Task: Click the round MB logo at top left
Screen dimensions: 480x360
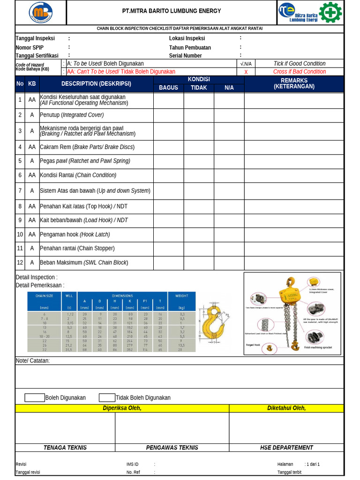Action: tap(41, 13)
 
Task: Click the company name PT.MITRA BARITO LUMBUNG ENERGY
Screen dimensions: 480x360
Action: tap(172, 11)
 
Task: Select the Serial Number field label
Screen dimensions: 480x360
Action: tap(185, 56)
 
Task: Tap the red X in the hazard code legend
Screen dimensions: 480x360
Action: tap(246, 72)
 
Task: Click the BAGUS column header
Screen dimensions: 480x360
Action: tap(168, 88)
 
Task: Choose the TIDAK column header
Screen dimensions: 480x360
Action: tap(199, 88)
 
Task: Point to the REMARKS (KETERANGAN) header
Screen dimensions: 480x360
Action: tap(294, 83)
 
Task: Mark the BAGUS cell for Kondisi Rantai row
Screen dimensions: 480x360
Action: tap(168, 175)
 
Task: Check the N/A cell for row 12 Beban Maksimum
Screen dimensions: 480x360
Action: tap(229, 263)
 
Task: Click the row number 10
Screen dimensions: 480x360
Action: tap(20, 234)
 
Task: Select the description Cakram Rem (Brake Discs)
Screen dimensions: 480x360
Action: tap(87, 147)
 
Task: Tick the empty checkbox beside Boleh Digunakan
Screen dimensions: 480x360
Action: tap(35, 397)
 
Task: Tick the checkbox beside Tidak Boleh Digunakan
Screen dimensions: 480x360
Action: tap(107, 397)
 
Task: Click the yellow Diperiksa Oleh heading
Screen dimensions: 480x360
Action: tap(122, 408)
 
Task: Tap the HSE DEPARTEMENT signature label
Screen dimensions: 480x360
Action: tap(286, 448)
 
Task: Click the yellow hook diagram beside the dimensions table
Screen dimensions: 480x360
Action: tap(214, 323)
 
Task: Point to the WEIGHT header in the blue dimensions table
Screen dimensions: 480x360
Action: tap(181, 296)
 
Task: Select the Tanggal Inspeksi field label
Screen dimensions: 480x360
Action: tap(35, 38)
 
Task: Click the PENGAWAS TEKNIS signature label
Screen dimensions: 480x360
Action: tap(172, 448)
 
